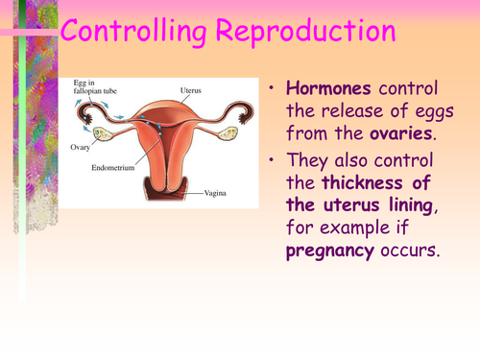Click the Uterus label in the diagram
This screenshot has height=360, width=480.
(190, 90)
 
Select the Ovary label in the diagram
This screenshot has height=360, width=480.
(84, 148)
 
